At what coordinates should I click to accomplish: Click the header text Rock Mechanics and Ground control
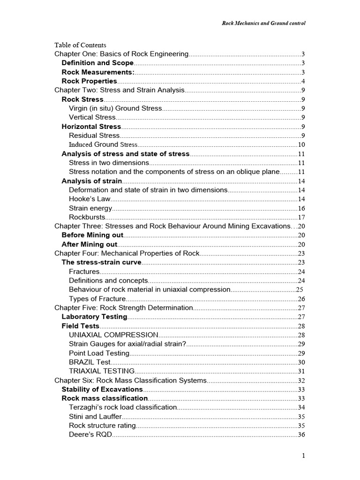coord(263,23)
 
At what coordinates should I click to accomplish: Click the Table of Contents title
coord(80,45)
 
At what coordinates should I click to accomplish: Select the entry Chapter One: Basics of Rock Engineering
coord(121,54)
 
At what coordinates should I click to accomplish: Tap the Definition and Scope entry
coord(97,63)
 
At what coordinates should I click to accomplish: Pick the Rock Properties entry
coord(89,81)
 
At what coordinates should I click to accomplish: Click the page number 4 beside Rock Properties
coord(303,82)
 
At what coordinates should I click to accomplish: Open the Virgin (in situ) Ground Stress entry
coord(115,108)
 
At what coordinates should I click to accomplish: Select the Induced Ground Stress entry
coord(103,145)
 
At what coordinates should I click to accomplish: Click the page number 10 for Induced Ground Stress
coord(301,145)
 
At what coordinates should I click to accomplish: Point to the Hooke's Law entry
coord(90,199)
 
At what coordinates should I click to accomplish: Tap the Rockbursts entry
coord(87,217)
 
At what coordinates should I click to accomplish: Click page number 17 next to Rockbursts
coord(301,217)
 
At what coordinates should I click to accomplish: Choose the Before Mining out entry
coord(92,235)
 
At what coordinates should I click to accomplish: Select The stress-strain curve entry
coord(101,262)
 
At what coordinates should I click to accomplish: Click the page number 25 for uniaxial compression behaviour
coord(300,290)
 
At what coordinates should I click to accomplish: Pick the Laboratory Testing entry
coord(94,317)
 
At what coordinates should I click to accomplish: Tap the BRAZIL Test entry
coord(90,362)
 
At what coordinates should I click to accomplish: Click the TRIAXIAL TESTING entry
coord(102,371)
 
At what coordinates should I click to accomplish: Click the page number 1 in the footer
coord(304,456)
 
